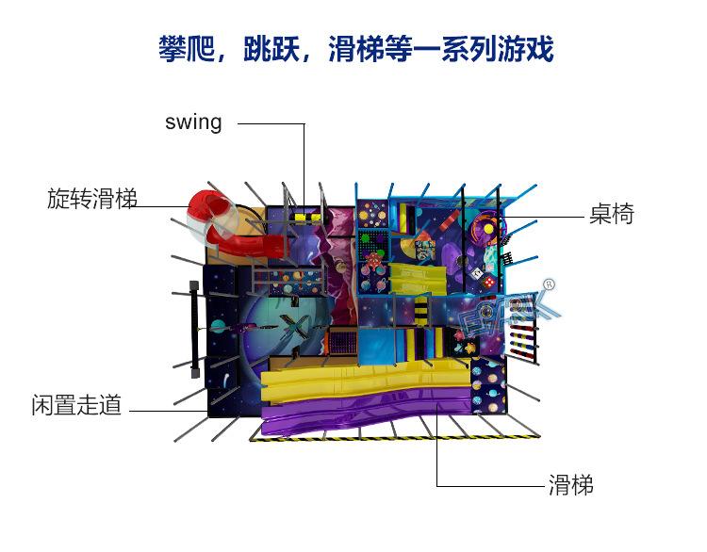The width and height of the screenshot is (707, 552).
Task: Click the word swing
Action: pos(193,122)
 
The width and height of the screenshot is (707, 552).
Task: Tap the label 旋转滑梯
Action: pos(92,199)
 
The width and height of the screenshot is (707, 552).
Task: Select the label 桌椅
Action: pos(612,215)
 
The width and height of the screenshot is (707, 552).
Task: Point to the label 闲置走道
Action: pos(76,406)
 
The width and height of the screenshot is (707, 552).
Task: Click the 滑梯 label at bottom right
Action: pos(571,485)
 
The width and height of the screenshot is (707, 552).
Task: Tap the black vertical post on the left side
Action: pos(194,326)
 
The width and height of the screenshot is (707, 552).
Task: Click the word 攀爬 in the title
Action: pos(179,49)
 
